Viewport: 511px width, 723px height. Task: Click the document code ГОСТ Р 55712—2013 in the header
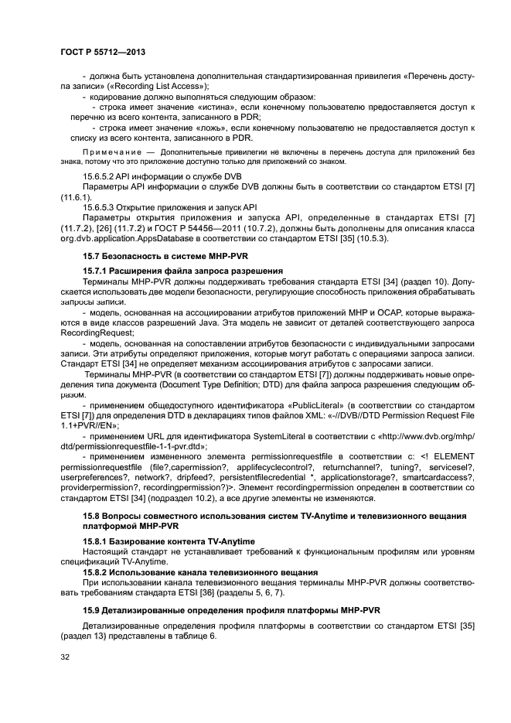pyautogui.click(x=103, y=51)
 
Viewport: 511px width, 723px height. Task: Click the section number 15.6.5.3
pyautogui.click(x=103, y=207)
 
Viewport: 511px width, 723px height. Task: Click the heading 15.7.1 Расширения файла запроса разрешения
pyautogui.click(x=182, y=270)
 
